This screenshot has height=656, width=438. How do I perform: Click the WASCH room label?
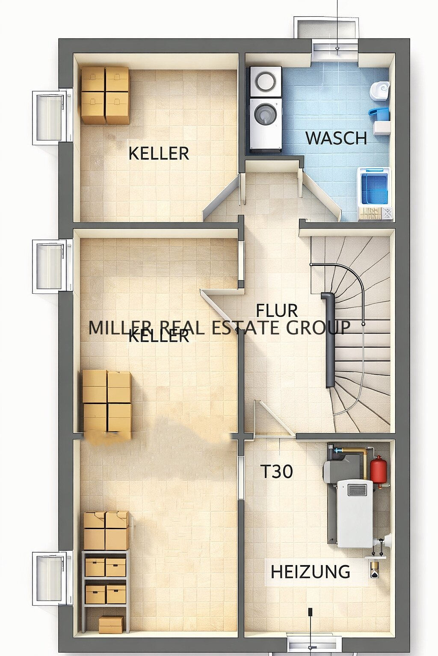click(x=336, y=138)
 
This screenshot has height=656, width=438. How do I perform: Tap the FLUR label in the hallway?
click(x=277, y=310)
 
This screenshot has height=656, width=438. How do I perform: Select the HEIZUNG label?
click(x=310, y=571)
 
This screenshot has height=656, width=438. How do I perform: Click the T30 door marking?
click(x=277, y=471)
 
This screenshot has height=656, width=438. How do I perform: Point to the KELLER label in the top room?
click(x=159, y=153)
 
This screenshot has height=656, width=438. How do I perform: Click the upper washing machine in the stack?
click(x=266, y=81)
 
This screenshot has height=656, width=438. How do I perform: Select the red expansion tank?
click(x=376, y=470)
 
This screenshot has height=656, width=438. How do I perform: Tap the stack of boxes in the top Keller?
click(x=105, y=95)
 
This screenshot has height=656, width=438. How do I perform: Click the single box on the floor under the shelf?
click(x=111, y=624)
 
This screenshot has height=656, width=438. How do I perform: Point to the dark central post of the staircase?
click(x=330, y=340)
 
